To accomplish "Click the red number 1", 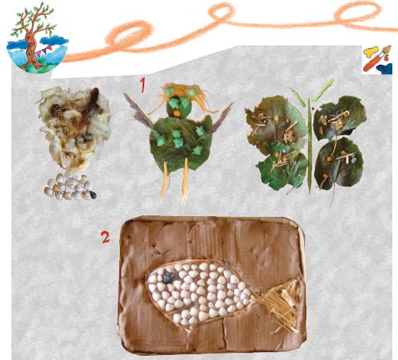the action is (x=143, y=85).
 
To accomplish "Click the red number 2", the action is (x=105, y=237).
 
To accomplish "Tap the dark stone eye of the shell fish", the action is (x=167, y=278).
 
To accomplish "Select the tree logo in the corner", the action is (x=38, y=38).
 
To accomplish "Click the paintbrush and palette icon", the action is (x=377, y=60).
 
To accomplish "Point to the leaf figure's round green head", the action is (x=178, y=108).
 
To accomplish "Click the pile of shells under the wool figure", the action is (x=70, y=187).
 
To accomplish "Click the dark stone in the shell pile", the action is (x=93, y=195).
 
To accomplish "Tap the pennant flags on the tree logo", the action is (x=43, y=51).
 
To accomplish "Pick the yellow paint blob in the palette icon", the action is (x=371, y=52).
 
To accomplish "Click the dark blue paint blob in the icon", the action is (x=385, y=69).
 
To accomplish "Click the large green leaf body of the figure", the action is (x=181, y=143).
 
